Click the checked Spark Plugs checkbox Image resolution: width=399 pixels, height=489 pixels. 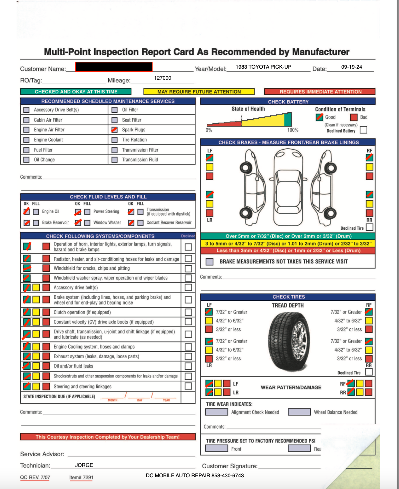click(x=115, y=130)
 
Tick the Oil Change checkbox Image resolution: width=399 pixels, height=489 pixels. click(x=26, y=160)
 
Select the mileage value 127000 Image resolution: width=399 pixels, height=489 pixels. click(x=163, y=78)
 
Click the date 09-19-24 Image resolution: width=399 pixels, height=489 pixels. click(x=351, y=67)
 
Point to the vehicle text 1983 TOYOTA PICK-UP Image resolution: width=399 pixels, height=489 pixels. click(x=263, y=67)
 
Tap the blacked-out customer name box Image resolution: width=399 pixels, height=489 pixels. click(x=114, y=67)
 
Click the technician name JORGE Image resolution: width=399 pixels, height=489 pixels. click(x=84, y=465)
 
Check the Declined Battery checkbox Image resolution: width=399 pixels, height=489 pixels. click(x=363, y=130)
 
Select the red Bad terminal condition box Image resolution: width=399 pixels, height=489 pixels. click(x=353, y=117)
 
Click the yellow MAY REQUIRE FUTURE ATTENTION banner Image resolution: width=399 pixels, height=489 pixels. click(x=199, y=92)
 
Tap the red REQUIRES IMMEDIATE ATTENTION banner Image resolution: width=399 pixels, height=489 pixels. click(x=320, y=92)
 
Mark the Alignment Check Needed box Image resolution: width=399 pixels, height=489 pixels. click(x=216, y=412)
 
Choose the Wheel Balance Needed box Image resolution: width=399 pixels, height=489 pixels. click(x=299, y=412)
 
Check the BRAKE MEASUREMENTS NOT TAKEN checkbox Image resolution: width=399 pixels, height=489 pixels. click(x=209, y=262)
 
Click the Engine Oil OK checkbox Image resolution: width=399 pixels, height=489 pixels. click(x=27, y=211)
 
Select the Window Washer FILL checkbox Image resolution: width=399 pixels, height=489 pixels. click(x=87, y=223)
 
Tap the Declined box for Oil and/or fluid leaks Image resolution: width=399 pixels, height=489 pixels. click(x=188, y=366)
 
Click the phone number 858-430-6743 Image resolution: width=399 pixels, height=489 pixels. click(x=227, y=476)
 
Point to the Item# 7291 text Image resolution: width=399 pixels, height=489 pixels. click(x=81, y=478)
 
